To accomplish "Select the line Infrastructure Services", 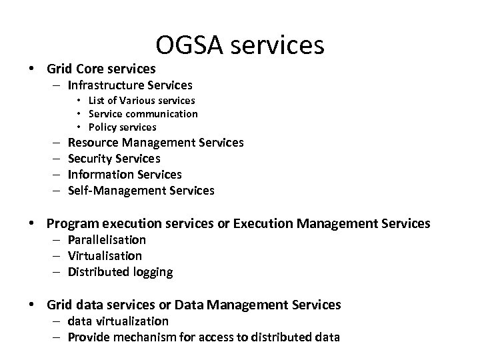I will [x=130, y=85].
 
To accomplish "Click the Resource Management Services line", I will [x=155, y=143].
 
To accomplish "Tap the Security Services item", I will [x=114, y=159].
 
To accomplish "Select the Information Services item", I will [x=125, y=175].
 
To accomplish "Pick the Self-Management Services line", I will [x=141, y=191].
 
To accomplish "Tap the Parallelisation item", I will [x=107, y=240].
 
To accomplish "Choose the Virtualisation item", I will [x=105, y=256].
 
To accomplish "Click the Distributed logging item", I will [x=120, y=272].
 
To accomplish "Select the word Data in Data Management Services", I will [x=189, y=305].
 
